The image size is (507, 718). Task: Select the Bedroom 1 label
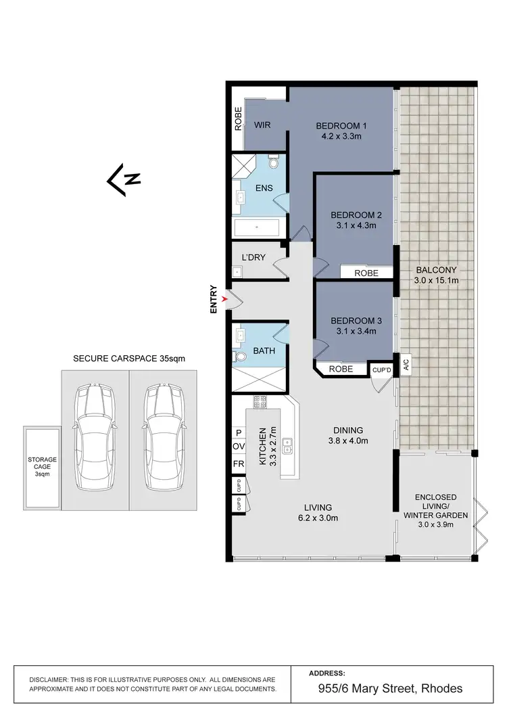click(341, 126)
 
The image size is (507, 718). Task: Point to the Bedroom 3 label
click(356, 320)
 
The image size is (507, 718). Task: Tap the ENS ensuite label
click(264, 187)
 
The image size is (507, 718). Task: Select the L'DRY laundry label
click(254, 257)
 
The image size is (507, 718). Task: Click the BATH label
click(263, 352)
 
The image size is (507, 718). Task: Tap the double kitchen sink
click(288, 445)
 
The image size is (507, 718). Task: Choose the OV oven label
click(238, 447)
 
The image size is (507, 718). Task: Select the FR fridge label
click(238, 465)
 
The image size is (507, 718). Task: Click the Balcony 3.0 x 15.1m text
click(436, 274)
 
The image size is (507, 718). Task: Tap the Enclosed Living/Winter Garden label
click(436, 504)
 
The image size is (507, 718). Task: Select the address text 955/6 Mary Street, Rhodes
click(391, 689)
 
